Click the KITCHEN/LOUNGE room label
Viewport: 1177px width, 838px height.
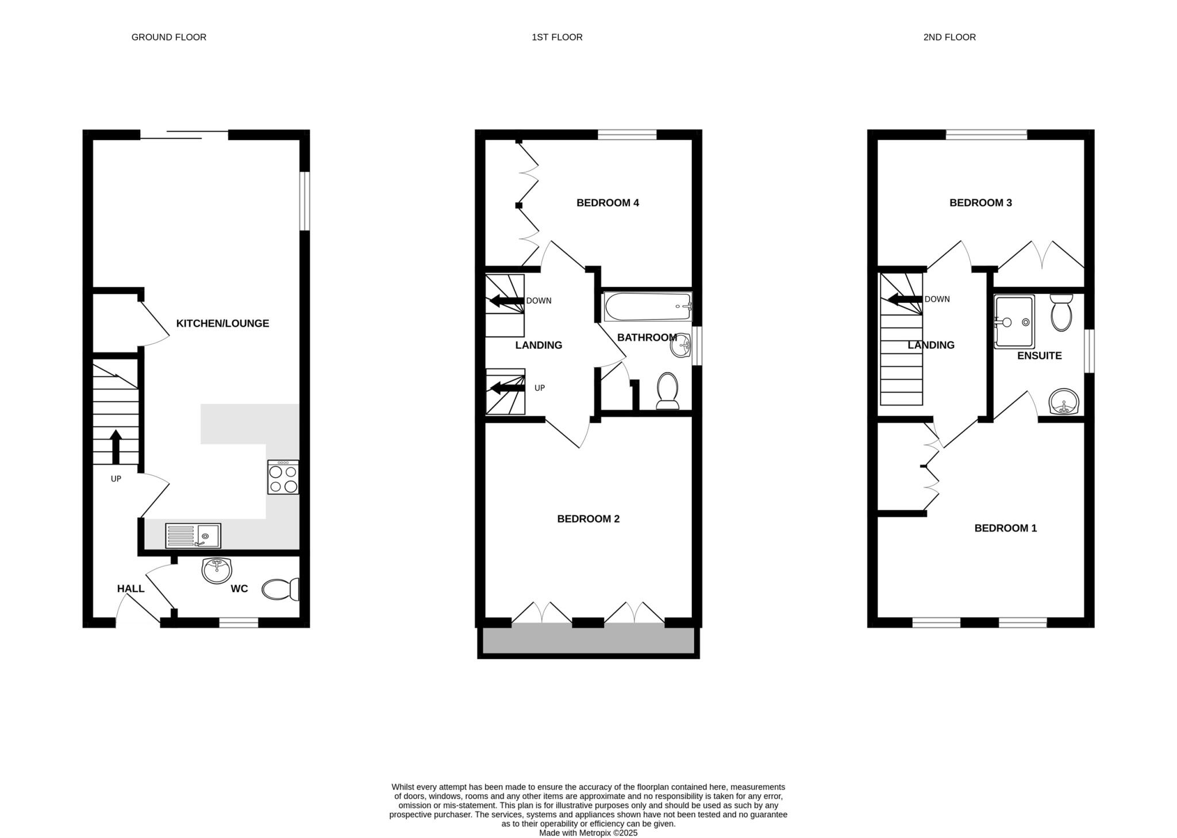222,324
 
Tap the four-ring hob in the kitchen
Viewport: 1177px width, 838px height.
283,477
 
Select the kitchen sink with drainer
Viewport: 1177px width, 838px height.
193,536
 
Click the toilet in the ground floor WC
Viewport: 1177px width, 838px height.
280,589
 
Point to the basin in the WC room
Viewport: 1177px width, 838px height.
217,570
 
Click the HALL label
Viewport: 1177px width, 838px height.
130,589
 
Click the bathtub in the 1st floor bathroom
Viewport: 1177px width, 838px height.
647,307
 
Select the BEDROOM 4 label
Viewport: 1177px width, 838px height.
607,203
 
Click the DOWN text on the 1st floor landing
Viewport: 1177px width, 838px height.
539,301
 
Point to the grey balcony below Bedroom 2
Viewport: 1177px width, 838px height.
588,640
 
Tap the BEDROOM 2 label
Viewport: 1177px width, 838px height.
588,519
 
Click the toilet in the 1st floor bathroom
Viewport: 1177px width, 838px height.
667,391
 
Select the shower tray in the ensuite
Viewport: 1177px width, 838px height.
1014,322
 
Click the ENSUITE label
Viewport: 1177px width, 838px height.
1039,356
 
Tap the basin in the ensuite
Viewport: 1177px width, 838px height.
1064,401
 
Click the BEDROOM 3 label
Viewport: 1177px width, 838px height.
980,203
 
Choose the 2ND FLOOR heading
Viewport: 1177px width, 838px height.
949,37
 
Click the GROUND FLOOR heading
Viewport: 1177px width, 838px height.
168,37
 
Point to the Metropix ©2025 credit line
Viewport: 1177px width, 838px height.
588,833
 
